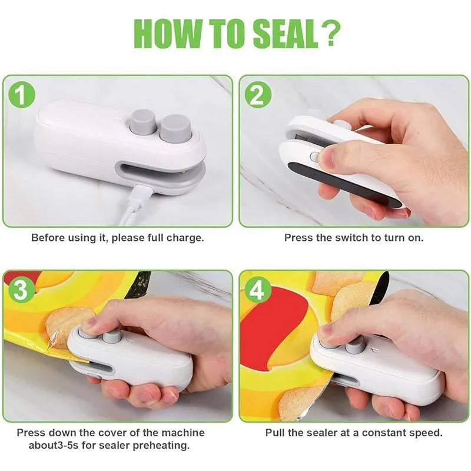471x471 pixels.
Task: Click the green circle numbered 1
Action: [22, 95]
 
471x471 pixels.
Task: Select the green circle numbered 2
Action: [258, 95]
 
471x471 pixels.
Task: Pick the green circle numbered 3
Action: [22, 290]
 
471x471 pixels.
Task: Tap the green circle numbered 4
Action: [258, 290]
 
